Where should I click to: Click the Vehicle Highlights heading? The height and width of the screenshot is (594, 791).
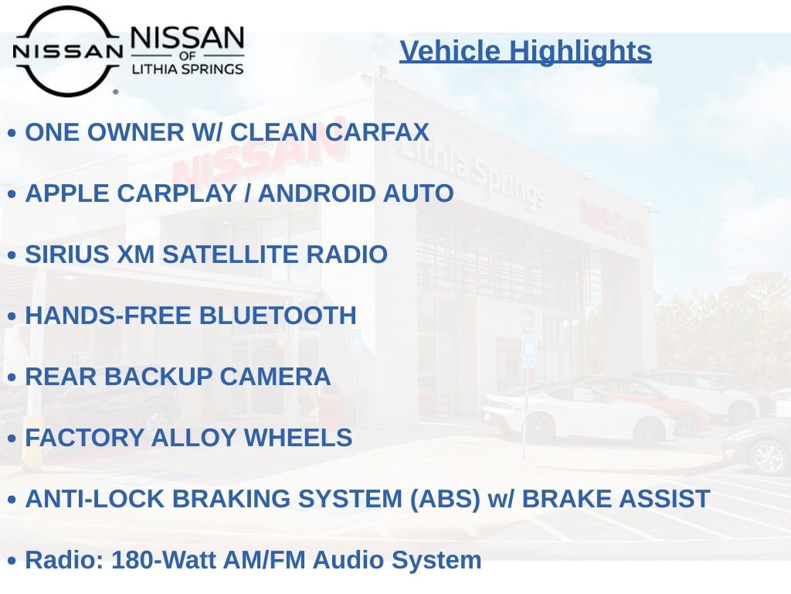[x=525, y=52]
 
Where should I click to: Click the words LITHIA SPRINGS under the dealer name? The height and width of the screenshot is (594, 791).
[x=188, y=69]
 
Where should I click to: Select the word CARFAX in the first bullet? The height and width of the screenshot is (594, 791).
[x=377, y=132]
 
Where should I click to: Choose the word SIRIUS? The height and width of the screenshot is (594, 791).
[x=67, y=254]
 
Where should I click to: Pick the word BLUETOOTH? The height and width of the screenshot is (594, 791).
[x=278, y=316]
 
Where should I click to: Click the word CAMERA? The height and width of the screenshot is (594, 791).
[x=275, y=377]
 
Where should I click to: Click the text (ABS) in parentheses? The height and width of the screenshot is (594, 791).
[x=445, y=499]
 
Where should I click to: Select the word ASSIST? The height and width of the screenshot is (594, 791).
[x=664, y=499]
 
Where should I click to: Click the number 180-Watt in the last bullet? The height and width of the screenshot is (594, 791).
[x=164, y=560]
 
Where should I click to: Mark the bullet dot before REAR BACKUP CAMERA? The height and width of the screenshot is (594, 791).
[x=12, y=377]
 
